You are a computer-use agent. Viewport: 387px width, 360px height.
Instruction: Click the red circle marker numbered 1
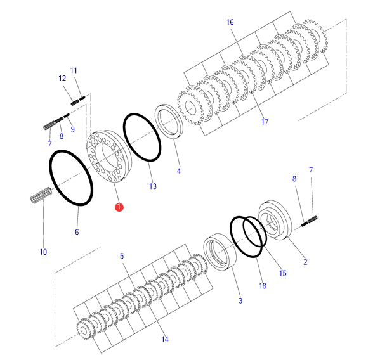(x=119, y=207)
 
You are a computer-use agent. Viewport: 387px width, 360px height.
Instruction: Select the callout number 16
(x=230, y=22)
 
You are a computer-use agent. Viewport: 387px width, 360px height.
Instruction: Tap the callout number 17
(x=265, y=122)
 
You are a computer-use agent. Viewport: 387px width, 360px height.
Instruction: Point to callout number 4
(x=179, y=171)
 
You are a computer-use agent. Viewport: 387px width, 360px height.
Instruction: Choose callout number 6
(x=77, y=232)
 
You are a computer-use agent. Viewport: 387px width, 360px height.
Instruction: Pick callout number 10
(x=43, y=252)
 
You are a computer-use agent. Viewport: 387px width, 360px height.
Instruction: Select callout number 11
(x=73, y=70)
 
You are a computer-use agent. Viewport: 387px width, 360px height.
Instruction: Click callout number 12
(x=62, y=79)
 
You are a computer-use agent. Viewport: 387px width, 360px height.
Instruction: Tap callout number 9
(x=72, y=129)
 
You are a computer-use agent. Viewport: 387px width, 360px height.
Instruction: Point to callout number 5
(x=122, y=256)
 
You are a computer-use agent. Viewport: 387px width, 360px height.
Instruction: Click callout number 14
(x=165, y=340)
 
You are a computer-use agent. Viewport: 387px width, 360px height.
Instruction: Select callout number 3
(x=240, y=300)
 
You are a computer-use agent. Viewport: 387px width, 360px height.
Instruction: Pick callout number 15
(x=282, y=273)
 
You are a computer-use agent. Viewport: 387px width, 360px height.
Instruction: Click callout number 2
(x=305, y=262)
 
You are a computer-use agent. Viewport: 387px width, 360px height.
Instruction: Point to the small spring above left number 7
(x=48, y=125)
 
